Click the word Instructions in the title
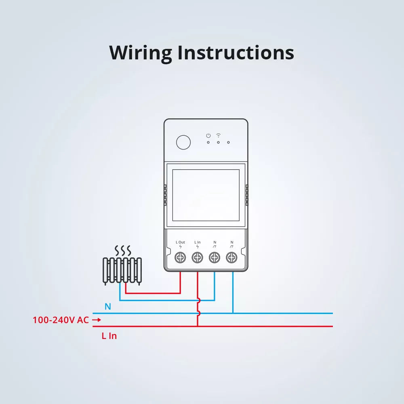(236, 53)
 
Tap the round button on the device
(183, 142)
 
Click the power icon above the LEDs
(208, 135)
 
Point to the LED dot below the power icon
(208, 142)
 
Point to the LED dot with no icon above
(228, 142)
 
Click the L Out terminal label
(180, 242)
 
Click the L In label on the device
(197, 242)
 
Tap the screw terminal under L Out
(180, 257)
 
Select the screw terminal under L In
(197, 257)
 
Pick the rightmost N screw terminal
(231, 257)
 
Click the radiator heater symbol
(122, 270)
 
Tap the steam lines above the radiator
(122, 251)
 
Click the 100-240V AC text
(61, 320)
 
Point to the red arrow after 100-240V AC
(96, 320)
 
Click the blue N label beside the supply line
(107, 307)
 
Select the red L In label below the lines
(109, 336)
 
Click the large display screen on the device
(206, 195)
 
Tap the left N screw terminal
(214, 257)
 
